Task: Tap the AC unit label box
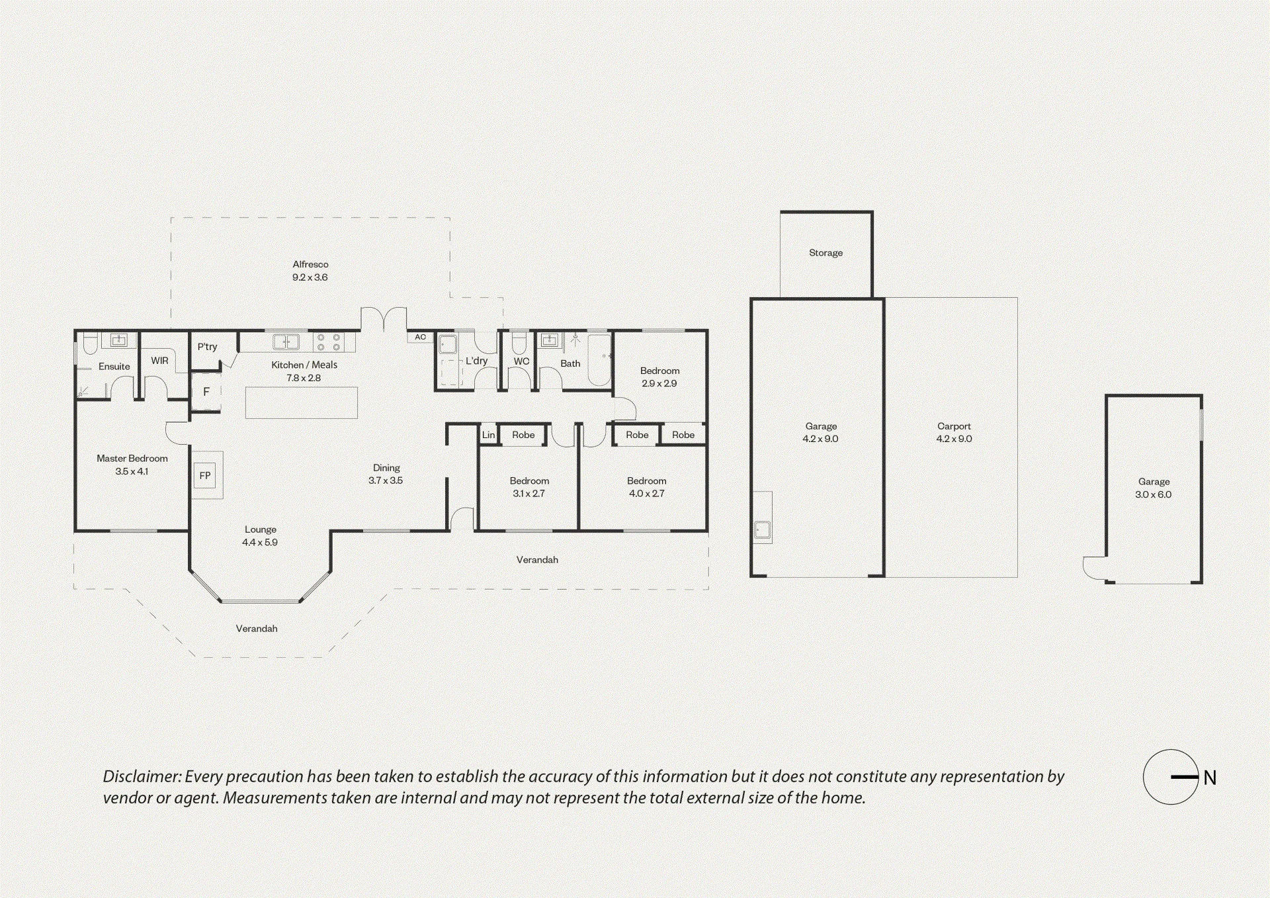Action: (x=421, y=337)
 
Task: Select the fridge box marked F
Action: (x=206, y=392)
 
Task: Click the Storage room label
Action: (x=826, y=253)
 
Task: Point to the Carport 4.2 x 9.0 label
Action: (x=954, y=433)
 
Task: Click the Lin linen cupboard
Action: (x=488, y=435)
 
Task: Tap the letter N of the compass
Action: (x=1210, y=778)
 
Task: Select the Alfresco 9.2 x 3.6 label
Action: (x=310, y=271)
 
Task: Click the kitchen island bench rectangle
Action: (x=302, y=403)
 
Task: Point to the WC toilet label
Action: (x=522, y=361)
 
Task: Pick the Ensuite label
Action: (x=114, y=367)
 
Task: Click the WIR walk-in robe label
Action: (x=159, y=361)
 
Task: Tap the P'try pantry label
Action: (x=207, y=347)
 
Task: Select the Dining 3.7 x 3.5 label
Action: (x=386, y=474)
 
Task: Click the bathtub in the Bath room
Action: (x=599, y=359)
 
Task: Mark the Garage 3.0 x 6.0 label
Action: (x=1154, y=488)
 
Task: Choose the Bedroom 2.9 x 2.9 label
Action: (x=659, y=377)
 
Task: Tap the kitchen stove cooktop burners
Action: (x=328, y=342)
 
